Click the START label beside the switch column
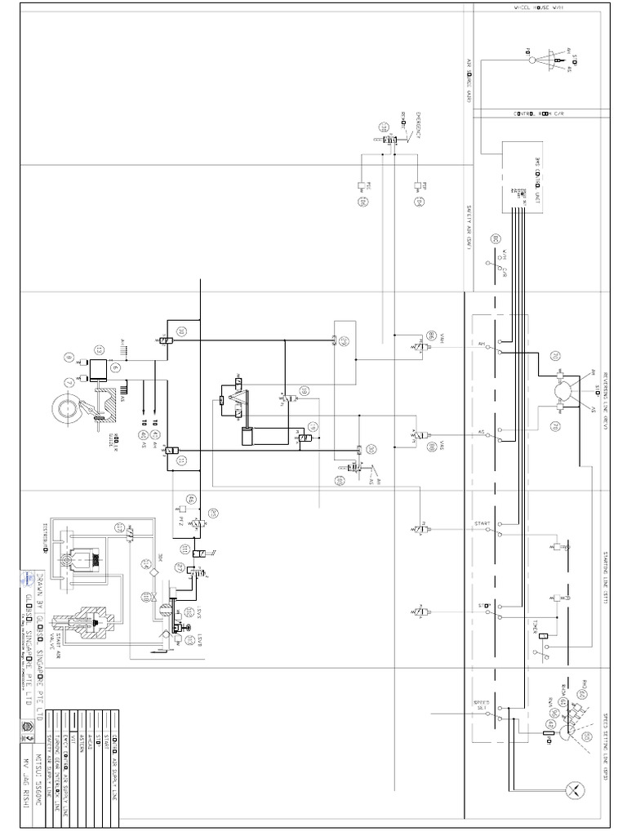coord(479,522)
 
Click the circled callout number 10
coord(180,331)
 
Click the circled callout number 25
coord(213,513)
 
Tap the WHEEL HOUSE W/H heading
coord(540,7)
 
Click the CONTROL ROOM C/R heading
coord(540,113)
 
